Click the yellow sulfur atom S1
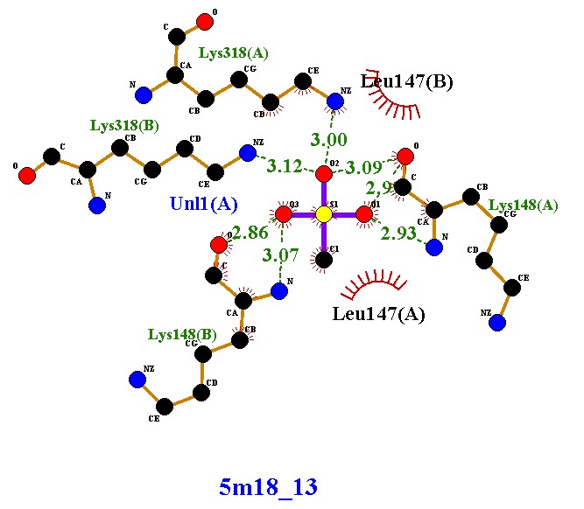(x=323, y=214)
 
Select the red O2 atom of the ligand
(x=323, y=172)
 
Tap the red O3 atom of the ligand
(x=283, y=214)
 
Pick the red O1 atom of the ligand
(x=364, y=214)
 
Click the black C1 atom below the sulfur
(x=323, y=258)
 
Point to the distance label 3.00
(x=329, y=140)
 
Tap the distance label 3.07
(x=281, y=256)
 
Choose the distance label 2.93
(x=398, y=234)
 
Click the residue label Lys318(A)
(x=233, y=53)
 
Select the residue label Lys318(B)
(x=124, y=125)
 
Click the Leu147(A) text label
(x=378, y=314)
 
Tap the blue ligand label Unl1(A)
(x=203, y=204)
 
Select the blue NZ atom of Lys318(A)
(x=335, y=102)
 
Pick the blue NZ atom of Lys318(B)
(x=248, y=153)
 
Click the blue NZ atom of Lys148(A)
(x=497, y=323)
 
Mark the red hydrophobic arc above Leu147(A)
(x=372, y=283)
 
